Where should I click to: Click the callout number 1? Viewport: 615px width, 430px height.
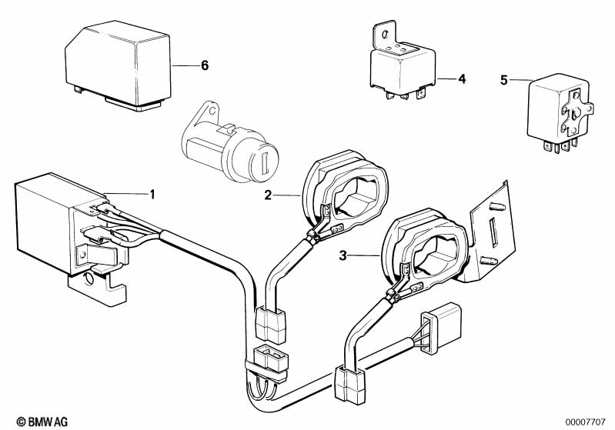click(152, 194)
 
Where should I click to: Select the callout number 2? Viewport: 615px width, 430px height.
click(268, 195)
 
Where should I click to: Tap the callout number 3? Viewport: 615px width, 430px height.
click(343, 256)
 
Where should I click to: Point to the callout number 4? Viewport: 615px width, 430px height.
click(462, 78)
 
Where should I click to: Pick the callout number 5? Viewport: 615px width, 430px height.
click(504, 80)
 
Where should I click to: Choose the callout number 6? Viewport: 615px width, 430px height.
click(205, 65)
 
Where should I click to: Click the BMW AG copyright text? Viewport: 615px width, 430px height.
click(42, 422)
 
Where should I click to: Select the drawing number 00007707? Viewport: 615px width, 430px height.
click(585, 422)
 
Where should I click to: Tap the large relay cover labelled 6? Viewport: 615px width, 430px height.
click(118, 65)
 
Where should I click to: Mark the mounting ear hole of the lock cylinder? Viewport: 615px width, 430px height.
click(212, 110)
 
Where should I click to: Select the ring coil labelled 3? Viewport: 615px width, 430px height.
click(424, 248)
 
